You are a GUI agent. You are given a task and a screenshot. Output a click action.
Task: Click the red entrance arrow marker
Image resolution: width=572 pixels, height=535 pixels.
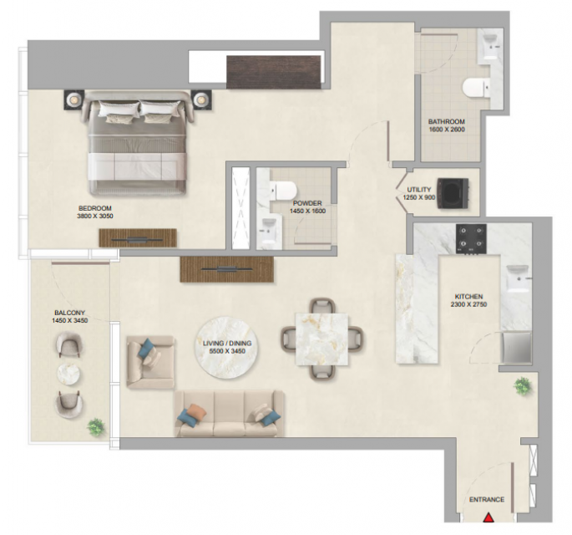pos(488,517)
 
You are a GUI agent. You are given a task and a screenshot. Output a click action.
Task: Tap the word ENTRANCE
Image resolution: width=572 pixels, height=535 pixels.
pos(487,499)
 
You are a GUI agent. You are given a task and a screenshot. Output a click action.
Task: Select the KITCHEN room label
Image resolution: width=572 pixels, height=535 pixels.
pos(468,297)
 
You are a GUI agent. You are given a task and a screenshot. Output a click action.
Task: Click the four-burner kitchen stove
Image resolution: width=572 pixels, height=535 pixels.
pos(471,239)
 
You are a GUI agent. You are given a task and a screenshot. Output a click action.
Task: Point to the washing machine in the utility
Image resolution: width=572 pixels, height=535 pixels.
pos(453,193)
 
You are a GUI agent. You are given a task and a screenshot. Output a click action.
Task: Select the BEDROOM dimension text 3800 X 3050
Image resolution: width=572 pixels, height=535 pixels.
pos(95,216)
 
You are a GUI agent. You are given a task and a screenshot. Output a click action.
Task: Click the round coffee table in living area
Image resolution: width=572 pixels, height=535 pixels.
pos(227,347)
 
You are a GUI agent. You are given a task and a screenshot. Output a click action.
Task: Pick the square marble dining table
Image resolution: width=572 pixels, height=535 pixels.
pos(321,339)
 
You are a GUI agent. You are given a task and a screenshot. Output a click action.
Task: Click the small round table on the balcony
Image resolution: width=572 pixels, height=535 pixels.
pos(68,374)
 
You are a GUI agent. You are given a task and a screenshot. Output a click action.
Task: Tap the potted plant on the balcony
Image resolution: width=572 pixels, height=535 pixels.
pos(96,426)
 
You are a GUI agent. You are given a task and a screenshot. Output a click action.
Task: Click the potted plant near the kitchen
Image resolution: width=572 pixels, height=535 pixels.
pos(523,386)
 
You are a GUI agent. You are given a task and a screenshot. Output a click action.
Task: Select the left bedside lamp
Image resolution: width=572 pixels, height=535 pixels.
pos(74,99)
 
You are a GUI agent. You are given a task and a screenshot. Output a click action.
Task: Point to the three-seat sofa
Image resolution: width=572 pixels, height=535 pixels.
pos(229,414)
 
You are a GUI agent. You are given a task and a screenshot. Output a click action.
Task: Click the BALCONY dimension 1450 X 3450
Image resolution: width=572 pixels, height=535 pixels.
pos(69,320)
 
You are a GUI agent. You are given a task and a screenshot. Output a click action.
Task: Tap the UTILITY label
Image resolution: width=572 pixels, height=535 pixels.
pos(419,190)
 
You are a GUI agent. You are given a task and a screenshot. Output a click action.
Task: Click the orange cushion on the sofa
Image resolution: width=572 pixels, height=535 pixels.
pos(196,412)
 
